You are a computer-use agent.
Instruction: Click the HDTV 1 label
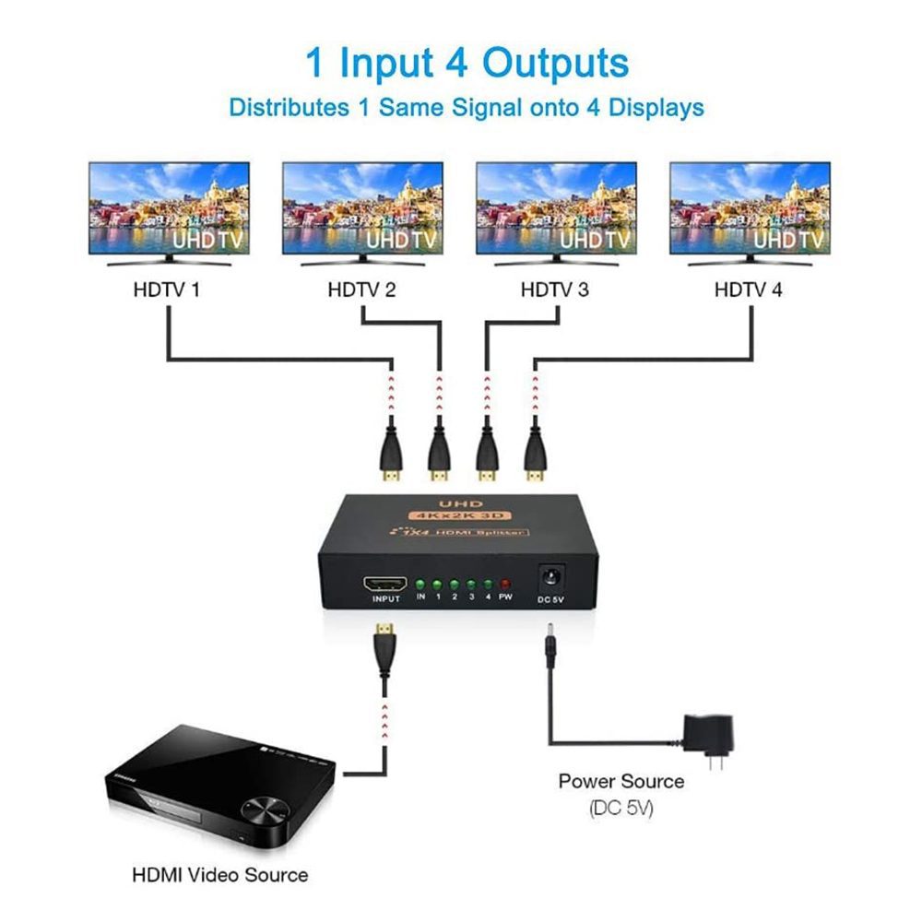click(x=168, y=290)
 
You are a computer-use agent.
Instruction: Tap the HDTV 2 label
click(x=361, y=290)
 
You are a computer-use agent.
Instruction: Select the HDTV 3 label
click(x=555, y=290)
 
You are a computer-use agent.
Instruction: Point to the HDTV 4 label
click(x=749, y=290)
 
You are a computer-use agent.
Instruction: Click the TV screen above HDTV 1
click(x=169, y=209)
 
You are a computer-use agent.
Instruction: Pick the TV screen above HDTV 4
click(x=750, y=209)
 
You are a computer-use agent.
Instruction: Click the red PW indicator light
click(x=504, y=584)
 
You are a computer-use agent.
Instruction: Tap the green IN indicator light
click(x=421, y=585)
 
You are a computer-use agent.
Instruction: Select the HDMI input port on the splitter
click(x=386, y=584)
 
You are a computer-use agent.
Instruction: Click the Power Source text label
click(x=621, y=782)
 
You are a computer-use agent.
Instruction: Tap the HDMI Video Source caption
click(x=220, y=873)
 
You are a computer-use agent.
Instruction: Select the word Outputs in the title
click(x=544, y=64)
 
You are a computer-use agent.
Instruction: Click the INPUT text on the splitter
click(x=386, y=600)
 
